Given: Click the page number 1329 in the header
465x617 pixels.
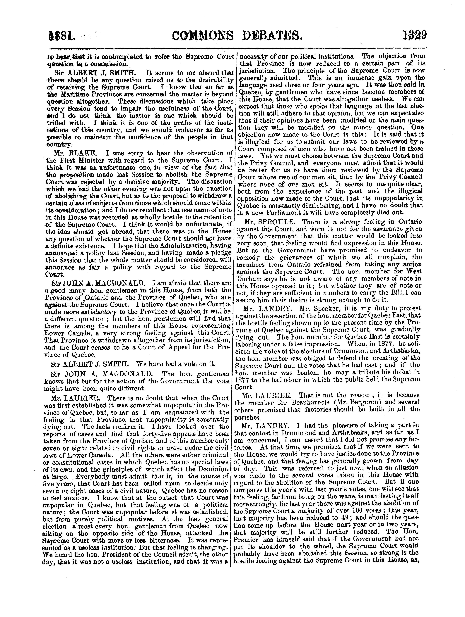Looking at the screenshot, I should [414, 36].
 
